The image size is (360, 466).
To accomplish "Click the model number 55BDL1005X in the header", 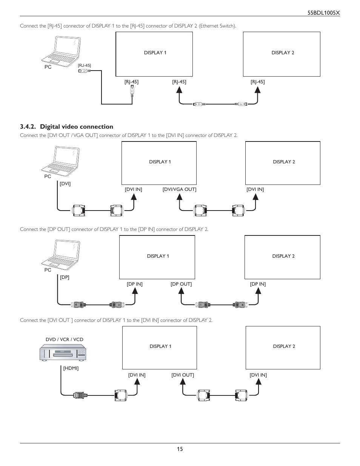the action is [323, 13].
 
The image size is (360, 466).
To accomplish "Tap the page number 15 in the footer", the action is [180, 449].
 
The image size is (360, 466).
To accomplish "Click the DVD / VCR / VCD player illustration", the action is [63, 352].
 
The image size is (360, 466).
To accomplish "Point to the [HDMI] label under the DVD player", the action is [71, 368].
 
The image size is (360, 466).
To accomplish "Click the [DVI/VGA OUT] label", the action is [180, 189].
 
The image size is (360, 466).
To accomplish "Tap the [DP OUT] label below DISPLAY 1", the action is [181, 284].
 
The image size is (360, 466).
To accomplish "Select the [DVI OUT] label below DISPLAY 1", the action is [183, 375].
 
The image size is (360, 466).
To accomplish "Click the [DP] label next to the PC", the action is [65, 277].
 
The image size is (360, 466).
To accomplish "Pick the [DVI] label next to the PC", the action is [65, 183].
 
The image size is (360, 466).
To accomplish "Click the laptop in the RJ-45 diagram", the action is [61, 51].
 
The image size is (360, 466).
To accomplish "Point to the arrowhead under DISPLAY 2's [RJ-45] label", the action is [257, 90].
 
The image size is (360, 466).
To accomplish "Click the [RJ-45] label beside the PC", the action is [84, 65].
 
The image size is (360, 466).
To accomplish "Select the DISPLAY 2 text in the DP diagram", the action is [283, 256].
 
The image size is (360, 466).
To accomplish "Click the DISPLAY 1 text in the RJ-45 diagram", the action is [155, 53].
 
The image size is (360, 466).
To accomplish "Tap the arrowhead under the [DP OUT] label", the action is [181, 291].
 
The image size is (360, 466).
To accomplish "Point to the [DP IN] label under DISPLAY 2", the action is [258, 284].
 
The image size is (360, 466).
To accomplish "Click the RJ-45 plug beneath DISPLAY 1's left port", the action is [132, 91].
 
